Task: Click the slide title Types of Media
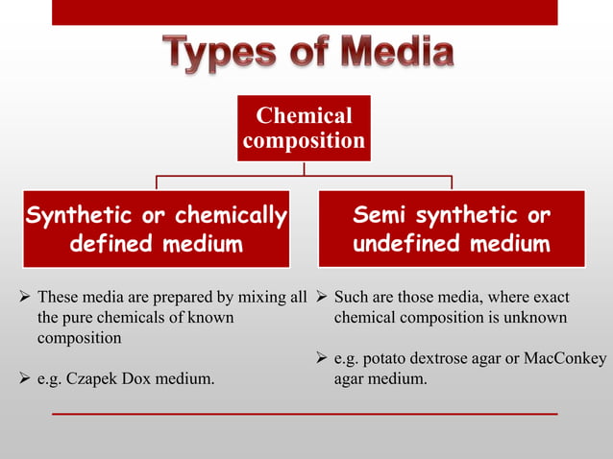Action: pyautogui.click(x=306, y=54)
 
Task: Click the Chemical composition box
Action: pyautogui.click(x=304, y=129)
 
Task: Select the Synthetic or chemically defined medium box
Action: pyautogui.click(x=156, y=229)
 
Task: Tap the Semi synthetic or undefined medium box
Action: pyautogui.click(x=452, y=229)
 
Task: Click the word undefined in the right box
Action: pyautogui.click(x=405, y=244)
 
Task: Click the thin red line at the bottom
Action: pyautogui.click(x=304, y=413)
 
